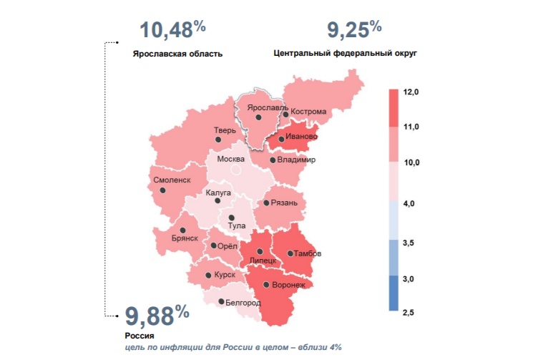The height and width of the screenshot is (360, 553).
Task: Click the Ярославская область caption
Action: (x=177, y=54)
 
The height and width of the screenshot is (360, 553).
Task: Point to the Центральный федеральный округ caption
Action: (x=345, y=53)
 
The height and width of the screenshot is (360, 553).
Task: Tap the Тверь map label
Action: (x=225, y=130)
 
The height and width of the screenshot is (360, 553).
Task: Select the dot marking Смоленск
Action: (x=163, y=191)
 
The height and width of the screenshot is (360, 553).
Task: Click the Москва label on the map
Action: (x=230, y=159)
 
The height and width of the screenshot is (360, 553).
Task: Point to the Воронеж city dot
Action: (x=266, y=285)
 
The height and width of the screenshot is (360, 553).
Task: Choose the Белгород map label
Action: (x=243, y=303)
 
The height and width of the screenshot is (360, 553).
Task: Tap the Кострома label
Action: (x=308, y=112)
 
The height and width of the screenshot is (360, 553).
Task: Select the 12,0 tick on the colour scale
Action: (x=411, y=92)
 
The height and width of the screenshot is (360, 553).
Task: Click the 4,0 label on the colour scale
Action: (x=411, y=205)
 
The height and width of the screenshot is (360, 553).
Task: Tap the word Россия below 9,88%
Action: (x=140, y=335)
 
